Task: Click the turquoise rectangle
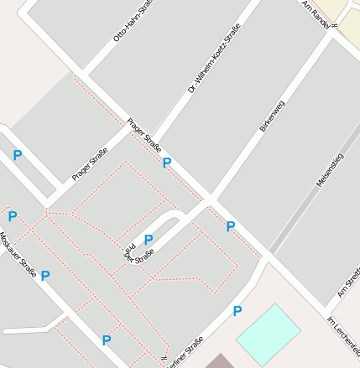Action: pyautogui.click(x=268, y=334)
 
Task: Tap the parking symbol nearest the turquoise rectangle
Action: pyautogui.click(x=237, y=311)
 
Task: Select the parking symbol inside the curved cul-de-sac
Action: pyautogui.click(x=149, y=240)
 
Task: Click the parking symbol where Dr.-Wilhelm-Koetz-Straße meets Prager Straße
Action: pyautogui.click(x=166, y=163)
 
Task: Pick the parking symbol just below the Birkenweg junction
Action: pyautogui.click(x=231, y=225)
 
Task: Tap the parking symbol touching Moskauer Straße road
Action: pyautogui.click(x=45, y=275)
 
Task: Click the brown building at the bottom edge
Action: pyautogui.click(x=221, y=361)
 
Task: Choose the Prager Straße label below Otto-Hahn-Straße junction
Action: pyautogui.click(x=143, y=133)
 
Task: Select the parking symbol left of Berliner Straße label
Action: pyautogui.click(x=107, y=339)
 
